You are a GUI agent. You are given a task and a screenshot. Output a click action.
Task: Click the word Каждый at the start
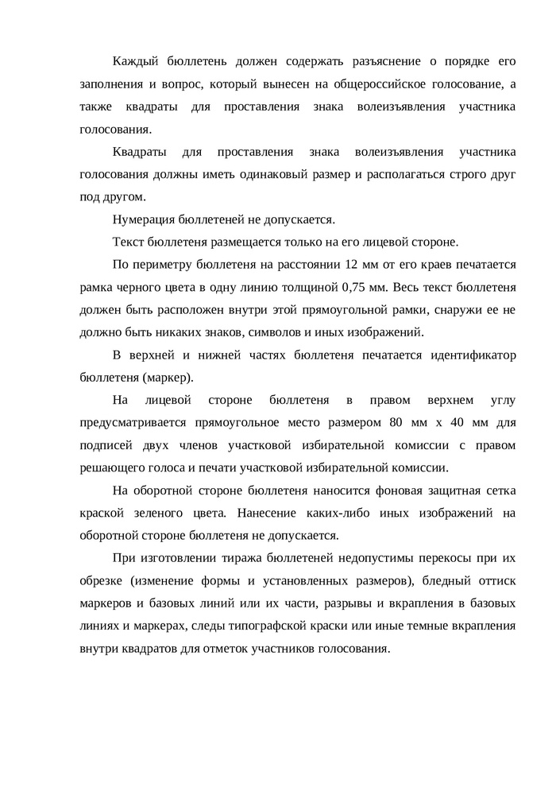[x=137, y=61]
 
